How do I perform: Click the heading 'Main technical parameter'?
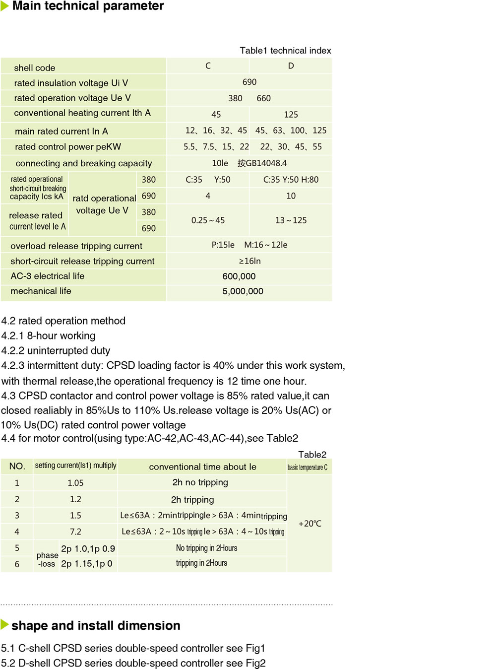(x=88, y=6)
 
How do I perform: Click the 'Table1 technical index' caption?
(x=285, y=51)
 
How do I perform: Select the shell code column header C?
(x=208, y=66)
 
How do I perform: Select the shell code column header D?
(x=291, y=66)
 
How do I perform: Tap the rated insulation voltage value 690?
(x=249, y=82)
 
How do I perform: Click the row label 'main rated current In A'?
(x=62, y=131)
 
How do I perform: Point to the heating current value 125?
(x=291, y=115)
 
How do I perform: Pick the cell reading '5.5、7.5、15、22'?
(x=216, y=147)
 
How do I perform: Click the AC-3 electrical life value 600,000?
(x=239, y=276)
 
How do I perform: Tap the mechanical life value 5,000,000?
(x=243, y=291)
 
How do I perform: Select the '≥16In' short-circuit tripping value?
(x=249, y=261)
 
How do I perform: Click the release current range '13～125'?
(x=291, y=220)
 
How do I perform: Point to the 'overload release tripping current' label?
(x=76, y=246)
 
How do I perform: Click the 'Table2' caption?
(x=312, y=455)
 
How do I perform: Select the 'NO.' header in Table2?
(x=17, y=467)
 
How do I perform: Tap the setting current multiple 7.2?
(x=75, y=532)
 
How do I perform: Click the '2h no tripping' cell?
(x=200, y=482)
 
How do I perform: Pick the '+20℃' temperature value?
(x=310, y=524)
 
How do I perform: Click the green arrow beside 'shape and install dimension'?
(x=5, y=625)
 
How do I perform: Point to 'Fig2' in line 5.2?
(x=255, y=663)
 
